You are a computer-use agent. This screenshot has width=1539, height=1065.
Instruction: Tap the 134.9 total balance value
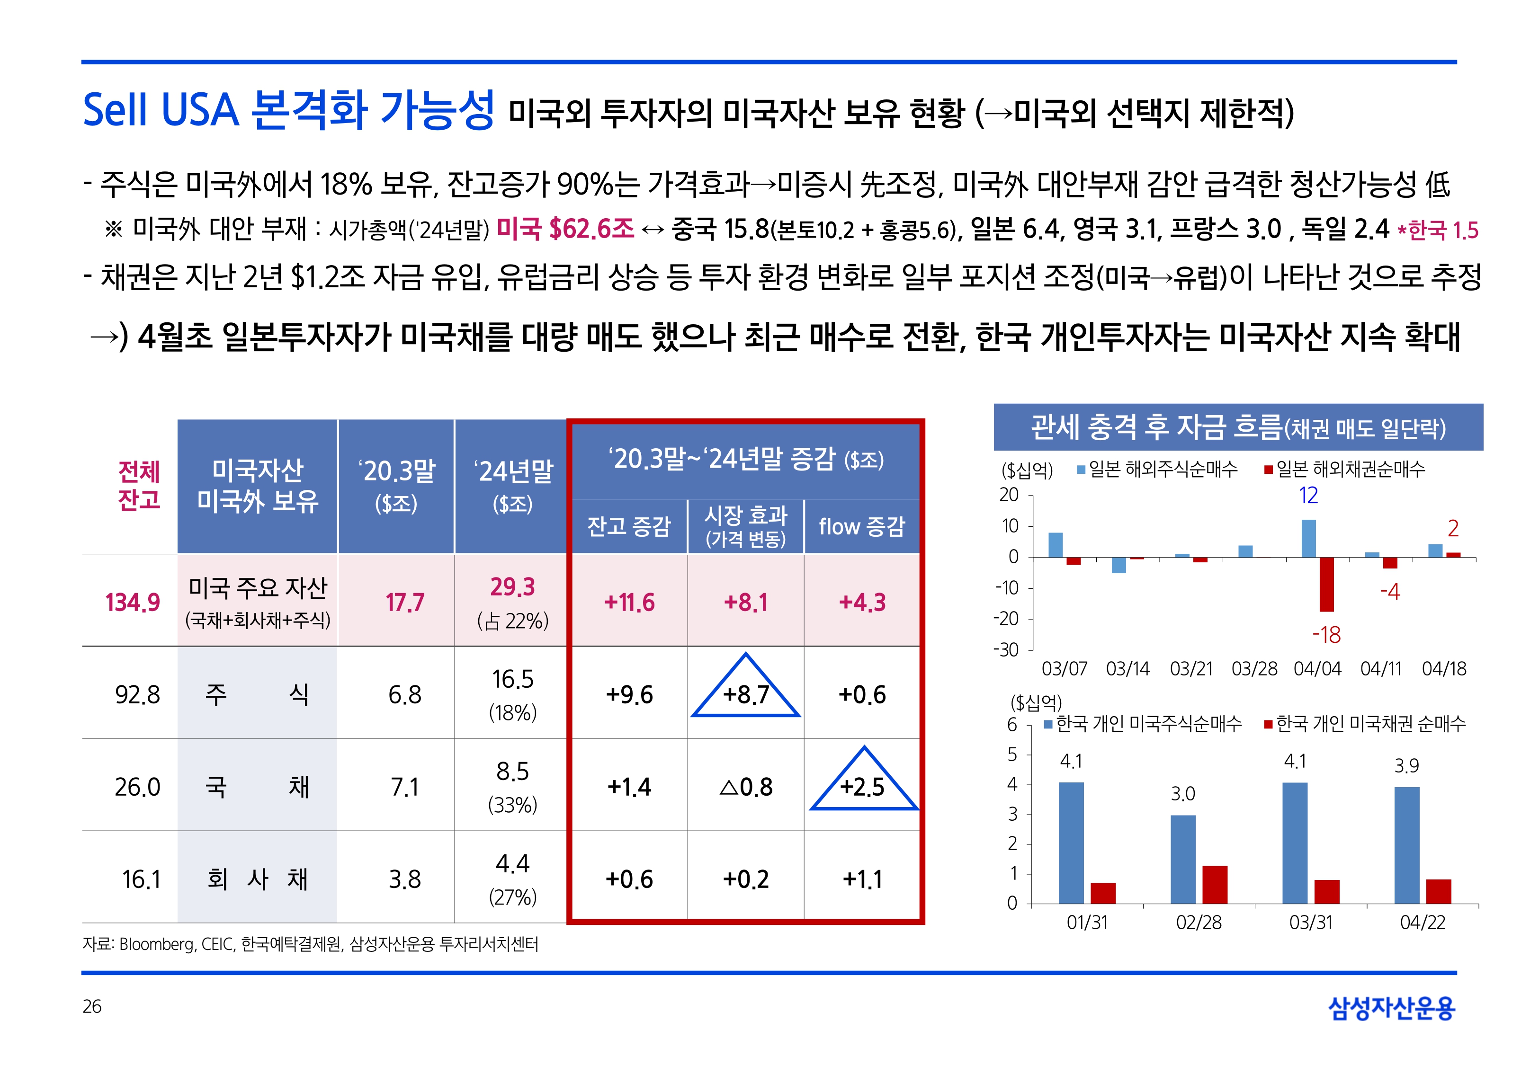pyautogui.click(x=132, y=602)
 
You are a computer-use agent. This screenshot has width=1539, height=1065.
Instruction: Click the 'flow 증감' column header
pyautogui.click(x=861, y=526)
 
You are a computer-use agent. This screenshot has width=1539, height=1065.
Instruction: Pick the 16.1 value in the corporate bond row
pyautogui.click(x=141, y=879)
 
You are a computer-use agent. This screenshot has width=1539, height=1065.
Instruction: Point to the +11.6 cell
pyautogui.click(x=629, y=602)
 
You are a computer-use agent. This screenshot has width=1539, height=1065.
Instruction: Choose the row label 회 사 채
pyautogui.click(x=257, y=879)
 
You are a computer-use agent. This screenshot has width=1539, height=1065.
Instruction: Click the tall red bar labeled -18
pyautogui.click(x=1326, y=585)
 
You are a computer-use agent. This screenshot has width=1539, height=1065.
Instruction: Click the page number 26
pyautogui.click(x=92, y=1006)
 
